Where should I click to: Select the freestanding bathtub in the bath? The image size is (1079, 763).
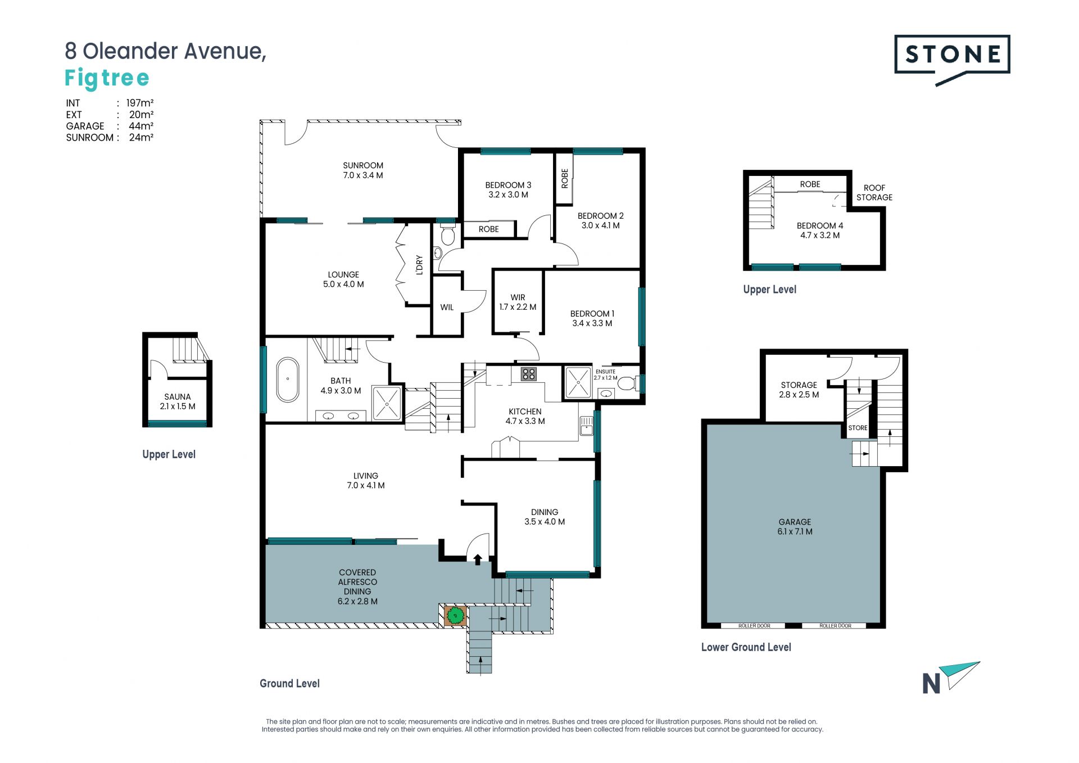(288, 380)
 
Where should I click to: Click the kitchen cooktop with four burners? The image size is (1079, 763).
(528, 374)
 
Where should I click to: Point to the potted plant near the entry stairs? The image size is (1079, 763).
(455, 616)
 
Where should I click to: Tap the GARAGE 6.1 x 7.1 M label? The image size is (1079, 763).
(795, 527)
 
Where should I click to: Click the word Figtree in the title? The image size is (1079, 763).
(107, 78)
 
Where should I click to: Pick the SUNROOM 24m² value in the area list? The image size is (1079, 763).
(142, 137)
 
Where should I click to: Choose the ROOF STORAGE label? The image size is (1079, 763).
(874, 192)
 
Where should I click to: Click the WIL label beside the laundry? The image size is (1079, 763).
(447, 308)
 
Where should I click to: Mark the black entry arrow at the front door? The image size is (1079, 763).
(478, 559)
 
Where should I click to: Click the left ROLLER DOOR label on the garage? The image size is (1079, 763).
(754, 626)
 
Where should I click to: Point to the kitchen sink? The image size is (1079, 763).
(586, 426)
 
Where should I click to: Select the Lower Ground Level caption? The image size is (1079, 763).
(746, 647)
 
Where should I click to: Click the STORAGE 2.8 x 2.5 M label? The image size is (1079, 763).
(799, 390)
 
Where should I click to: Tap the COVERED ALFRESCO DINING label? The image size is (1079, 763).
(357, 587)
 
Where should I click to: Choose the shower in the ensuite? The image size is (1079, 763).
(578, 382)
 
